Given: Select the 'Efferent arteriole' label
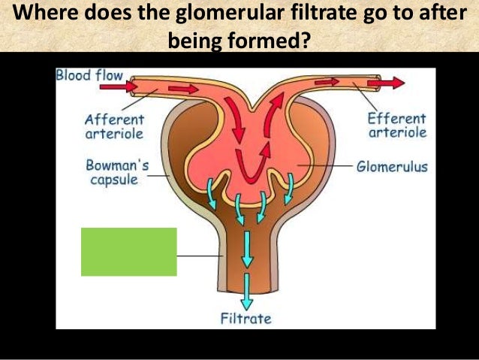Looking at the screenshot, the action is pos(397,126).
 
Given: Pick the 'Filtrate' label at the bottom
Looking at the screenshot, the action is pos(246,318).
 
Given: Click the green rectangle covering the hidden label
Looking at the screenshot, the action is pos(128,252).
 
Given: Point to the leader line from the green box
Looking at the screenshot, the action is pos(198,256).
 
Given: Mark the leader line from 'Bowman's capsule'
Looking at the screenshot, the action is pos(158,176).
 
